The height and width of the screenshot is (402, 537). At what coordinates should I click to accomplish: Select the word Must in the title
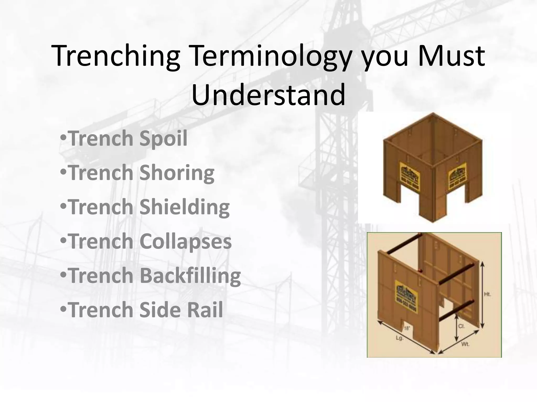[451, 56]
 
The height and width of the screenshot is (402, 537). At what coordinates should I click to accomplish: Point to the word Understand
[268, 94]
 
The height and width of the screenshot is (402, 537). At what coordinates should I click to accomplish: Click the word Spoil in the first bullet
[163, 139]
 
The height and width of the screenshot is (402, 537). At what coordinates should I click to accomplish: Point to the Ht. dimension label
[487, 294]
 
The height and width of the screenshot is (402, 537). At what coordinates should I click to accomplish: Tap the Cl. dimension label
[461, 326]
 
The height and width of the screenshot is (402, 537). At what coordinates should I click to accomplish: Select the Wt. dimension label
[465, 344]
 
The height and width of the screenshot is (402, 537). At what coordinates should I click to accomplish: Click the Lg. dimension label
[399, 338]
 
